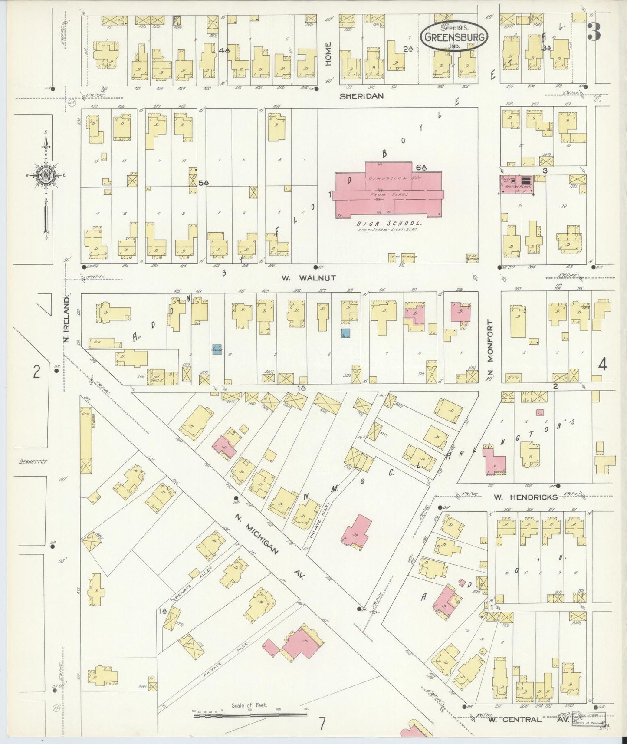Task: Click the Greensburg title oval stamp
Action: tap(454, 36)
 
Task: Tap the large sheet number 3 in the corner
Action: tap(594, 32)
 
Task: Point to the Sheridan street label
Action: tap(361, 96)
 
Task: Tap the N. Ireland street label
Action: tap(67, 319)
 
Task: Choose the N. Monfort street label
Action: tap(490, 347)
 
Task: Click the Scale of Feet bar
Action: tap(250, 714)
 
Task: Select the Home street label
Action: tap(328, 53)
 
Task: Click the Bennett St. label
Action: tap(33, 462)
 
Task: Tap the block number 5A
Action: tap(204, 183)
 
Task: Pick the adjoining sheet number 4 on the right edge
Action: tap(602, 365)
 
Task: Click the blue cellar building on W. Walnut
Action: tap(217, 349)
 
